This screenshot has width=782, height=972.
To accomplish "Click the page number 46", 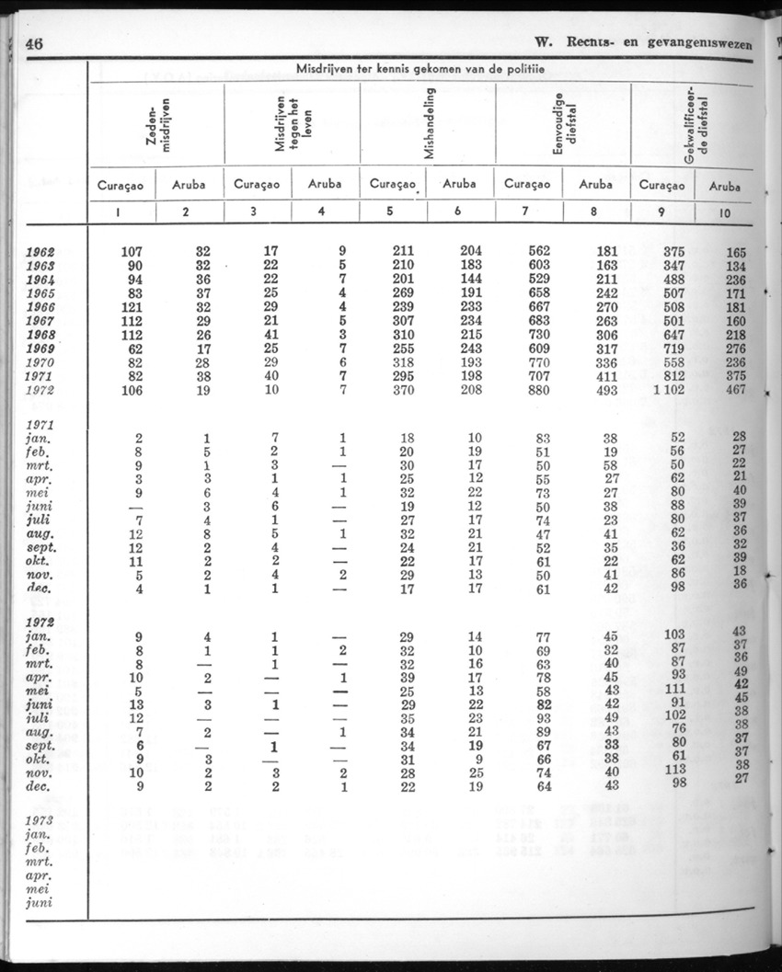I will click(36, 43).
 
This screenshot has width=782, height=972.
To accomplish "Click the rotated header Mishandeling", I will click(431, 122).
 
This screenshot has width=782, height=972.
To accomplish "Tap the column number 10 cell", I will click(725, 212).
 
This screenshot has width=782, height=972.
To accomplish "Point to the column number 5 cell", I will click(389, 211).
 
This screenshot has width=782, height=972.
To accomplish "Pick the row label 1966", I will click(41, 307).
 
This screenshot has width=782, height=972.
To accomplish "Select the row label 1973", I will click(40, 820).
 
